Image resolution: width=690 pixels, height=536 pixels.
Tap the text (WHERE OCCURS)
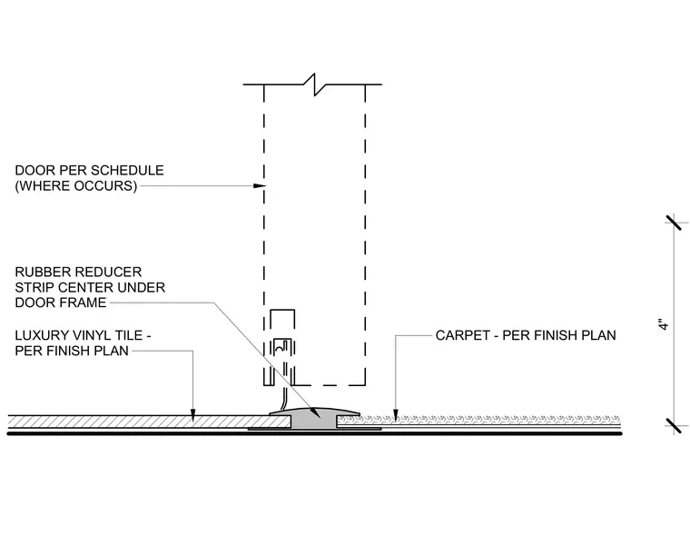[x=76, y=186]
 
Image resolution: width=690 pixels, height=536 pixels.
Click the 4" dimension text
[x=664, y=323]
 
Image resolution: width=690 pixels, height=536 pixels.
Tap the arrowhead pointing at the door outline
[x=261, y=186]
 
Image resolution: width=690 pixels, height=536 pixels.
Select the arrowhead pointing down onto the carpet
[x=395, y=415]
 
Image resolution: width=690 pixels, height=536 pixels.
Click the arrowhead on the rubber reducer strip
[x=315, y=412]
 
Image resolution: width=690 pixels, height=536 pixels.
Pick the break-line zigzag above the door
[x=315, y=84]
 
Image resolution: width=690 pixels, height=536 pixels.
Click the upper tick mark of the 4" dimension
[x=676, y=223]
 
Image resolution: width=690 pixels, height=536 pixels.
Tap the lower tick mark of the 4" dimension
[x=676, y=425]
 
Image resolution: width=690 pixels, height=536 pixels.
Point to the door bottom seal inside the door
[x=282, y=348]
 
